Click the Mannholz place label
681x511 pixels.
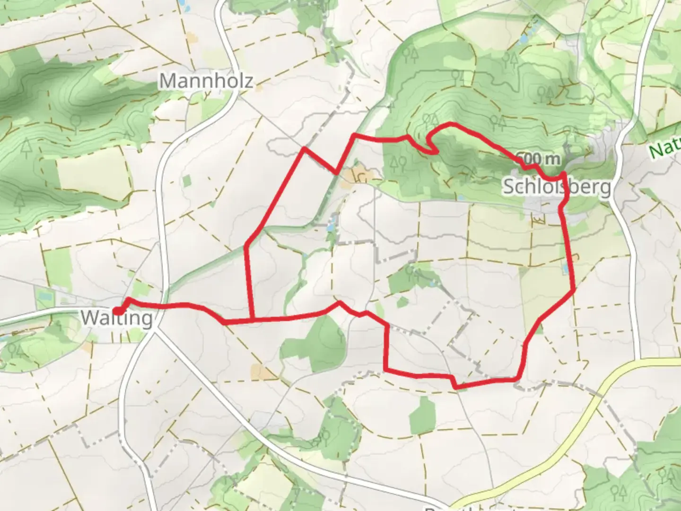click(206, 80)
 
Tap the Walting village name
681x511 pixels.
click(117, 318)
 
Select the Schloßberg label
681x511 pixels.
click(556, 187)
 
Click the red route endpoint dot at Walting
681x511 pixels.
click(118, 310)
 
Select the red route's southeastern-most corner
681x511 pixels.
click(519, 379)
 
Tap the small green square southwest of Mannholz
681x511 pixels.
click(187, 181)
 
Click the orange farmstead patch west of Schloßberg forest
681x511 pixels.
click(357, 176)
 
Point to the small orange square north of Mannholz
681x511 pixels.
click(191, 36)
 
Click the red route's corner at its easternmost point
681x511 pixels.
click(574, 290)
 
